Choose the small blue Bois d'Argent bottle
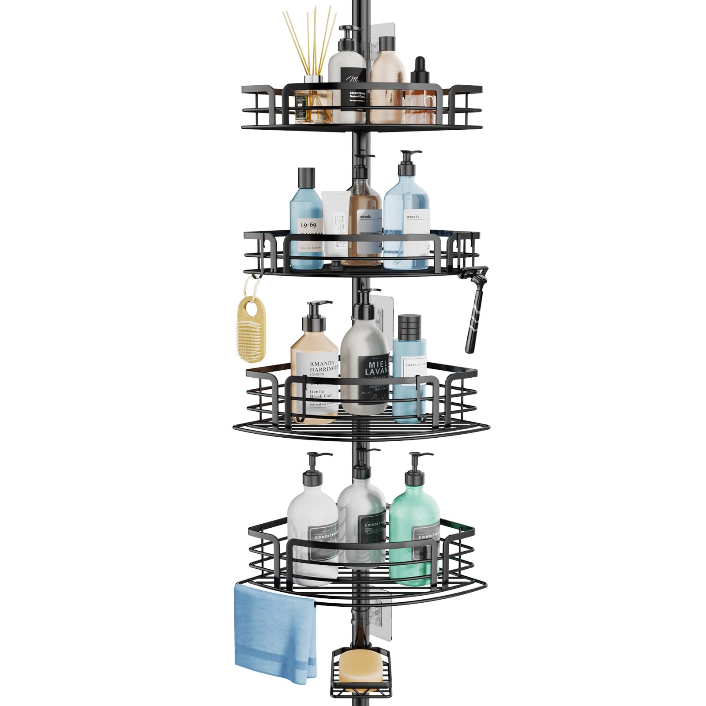[x=409, y=375]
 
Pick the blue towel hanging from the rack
[x=274, y=631]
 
